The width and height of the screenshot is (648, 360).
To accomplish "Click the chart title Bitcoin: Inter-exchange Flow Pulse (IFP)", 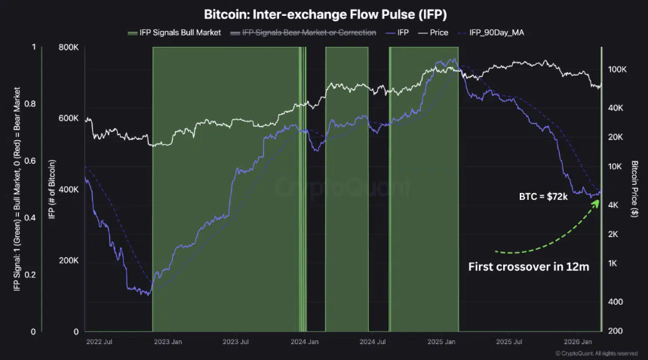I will click(323, 14).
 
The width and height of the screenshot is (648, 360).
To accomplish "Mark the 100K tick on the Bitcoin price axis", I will click(618, 69).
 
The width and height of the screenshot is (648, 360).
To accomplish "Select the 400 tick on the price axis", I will click(615, 302).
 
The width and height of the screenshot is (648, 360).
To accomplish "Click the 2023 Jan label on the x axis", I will click(167, 342).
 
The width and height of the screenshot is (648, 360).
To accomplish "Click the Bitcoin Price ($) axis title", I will click(635, 189).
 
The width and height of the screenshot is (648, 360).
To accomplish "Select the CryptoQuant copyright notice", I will click(600, 353).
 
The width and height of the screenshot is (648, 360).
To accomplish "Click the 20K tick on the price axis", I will click(616, 137).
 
